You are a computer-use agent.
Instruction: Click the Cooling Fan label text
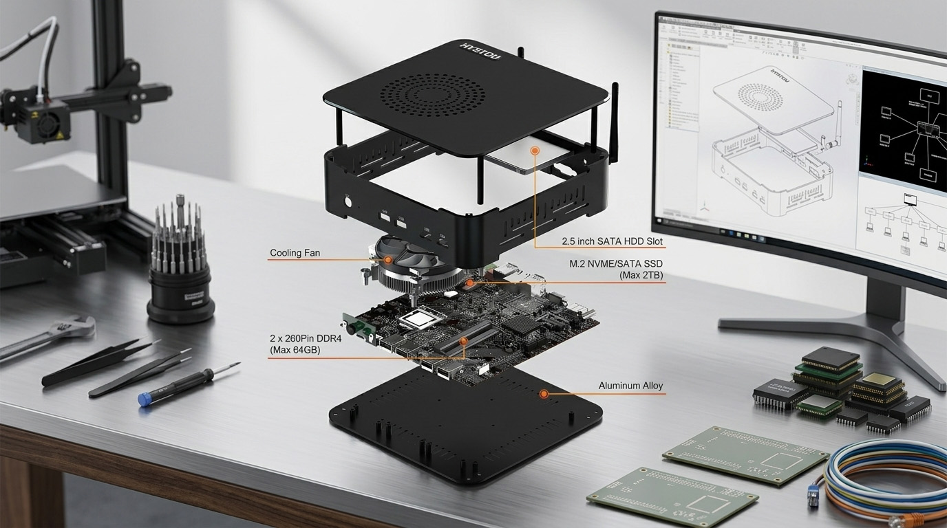point(295,253)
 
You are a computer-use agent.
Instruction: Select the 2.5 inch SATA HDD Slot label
point(611,241)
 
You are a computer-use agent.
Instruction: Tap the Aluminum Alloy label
point(630,386)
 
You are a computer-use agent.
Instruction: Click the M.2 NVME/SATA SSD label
point(616,269)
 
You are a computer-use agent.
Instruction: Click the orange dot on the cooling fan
point(388,260)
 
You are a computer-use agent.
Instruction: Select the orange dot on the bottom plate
point(544,394)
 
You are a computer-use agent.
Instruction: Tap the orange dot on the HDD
point(534,150)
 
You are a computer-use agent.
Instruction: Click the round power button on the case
point(348,202)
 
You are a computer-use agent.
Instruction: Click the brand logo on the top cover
point(481,51)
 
